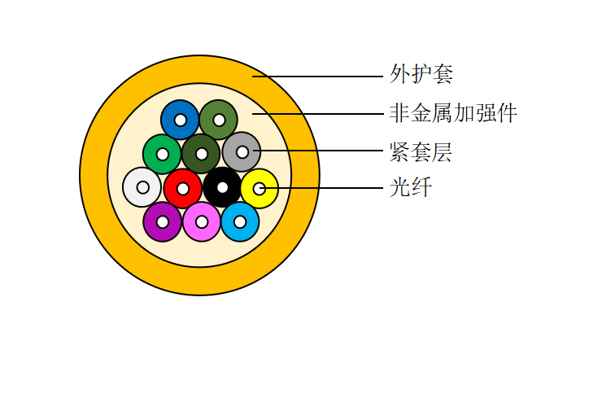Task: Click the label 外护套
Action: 421,74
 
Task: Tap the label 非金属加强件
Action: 453,113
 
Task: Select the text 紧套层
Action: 421,151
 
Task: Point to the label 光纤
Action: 411,187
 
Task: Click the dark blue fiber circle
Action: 171,120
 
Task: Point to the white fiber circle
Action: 133,187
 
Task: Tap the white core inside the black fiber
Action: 222,187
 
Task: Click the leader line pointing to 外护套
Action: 317,77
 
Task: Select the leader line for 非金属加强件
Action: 318,114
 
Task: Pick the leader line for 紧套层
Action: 318,151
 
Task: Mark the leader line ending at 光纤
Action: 321,188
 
